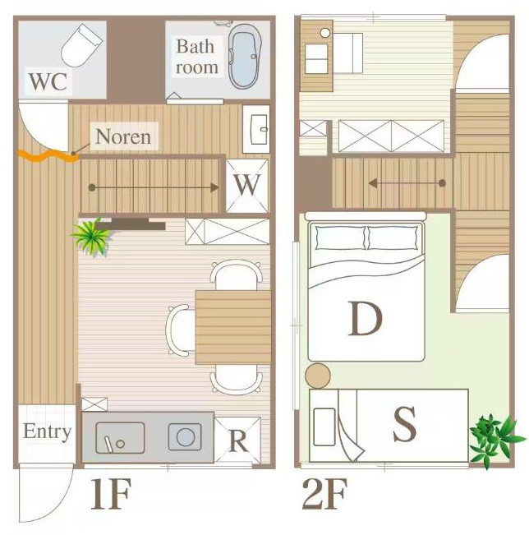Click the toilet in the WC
81,45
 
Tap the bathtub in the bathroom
245,56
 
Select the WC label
48,81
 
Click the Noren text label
123,136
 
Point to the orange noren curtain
48,155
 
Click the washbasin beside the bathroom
259,129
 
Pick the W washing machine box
247,186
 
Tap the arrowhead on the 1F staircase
214,187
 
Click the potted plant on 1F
91,236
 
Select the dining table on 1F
233,327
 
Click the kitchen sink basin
120,438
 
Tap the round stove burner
186,437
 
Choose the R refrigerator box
237,440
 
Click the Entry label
47,431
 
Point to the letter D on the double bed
365,318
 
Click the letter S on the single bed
404,424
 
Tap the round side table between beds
318,376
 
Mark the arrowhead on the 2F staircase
373,183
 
